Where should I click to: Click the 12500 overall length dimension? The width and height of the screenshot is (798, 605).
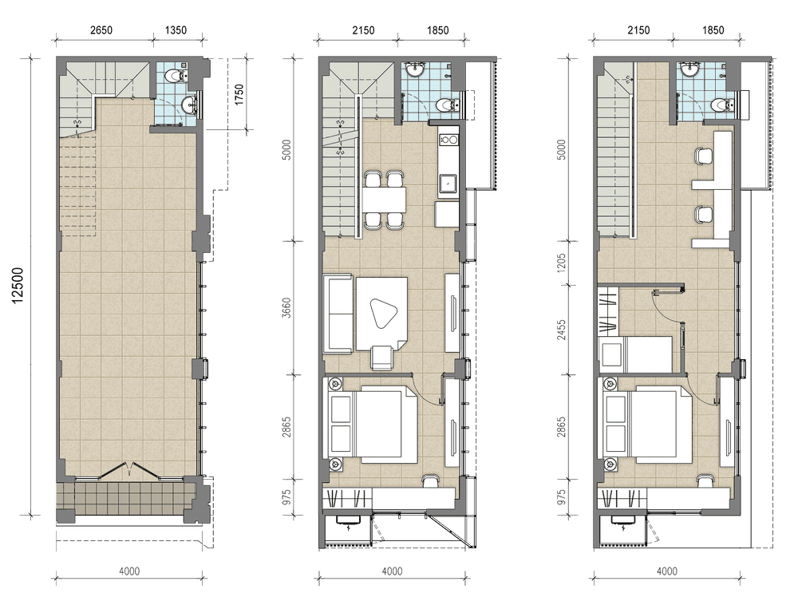[18, 286]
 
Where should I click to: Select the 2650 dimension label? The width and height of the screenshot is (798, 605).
[101, 30]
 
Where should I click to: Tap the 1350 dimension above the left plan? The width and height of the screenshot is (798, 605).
[176, 30]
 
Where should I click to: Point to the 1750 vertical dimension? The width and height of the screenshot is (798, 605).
[239, 94]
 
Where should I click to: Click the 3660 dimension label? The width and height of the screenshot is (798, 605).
[287, 308]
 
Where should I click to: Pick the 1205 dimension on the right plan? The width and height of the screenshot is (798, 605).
[561, 263]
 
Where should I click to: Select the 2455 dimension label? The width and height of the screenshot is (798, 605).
[561, 330]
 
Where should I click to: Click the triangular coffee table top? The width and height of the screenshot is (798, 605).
[381, 314]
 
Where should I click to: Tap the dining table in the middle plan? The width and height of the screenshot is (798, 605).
[385, 200]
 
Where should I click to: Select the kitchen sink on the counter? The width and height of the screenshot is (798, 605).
[448, 184]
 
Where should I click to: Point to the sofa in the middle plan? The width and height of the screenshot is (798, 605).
[338, 314]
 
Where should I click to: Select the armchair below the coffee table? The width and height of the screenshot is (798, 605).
[382, 358]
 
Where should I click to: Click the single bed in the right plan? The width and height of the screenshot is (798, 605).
[636, 354]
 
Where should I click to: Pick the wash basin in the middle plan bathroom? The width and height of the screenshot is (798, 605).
[416, 69]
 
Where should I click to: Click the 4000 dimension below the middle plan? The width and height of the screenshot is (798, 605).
[392, 571]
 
